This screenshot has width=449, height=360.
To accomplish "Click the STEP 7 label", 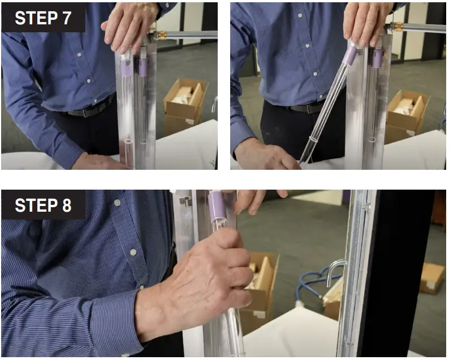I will pyautogui.click(x=43, y=18).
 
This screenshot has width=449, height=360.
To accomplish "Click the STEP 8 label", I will pyautogui.click(x=43, y=205).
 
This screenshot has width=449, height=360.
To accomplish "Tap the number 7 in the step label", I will pyautogui.click(x=66, y=18).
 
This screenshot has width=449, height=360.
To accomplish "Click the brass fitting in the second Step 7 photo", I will pyautogui.click(x=398, y=27).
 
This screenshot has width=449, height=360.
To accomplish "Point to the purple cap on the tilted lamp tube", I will pyautogui.click(x=351, y=55).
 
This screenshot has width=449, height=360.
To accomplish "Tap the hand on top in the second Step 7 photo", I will pyautogui.click(x=366, y=23).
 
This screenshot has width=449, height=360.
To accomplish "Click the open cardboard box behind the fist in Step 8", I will pyautogui.click(x=261, y=283).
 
